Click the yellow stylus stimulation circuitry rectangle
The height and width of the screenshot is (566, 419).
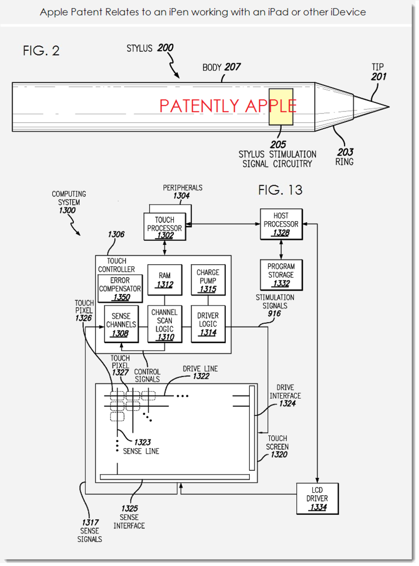coord(281,107)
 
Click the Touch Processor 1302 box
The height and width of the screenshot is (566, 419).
coord(164,227)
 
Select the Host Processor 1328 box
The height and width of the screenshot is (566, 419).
coord(281,224)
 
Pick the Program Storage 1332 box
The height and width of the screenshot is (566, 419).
coord(281,275)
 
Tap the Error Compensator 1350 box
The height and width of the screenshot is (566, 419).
coord(120,289)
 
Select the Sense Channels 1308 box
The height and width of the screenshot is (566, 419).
coord(121,324)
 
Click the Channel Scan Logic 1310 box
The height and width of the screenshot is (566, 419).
coord(164,324)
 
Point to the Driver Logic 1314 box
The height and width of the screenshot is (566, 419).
coord(208,324)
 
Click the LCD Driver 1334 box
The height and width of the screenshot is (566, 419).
coord(317,498)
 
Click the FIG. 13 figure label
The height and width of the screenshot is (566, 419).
coord(280,189)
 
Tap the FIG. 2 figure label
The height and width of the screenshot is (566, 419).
coord(41,51)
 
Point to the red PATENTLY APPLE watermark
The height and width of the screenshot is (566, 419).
coord(228,106)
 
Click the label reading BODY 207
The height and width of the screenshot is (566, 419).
coord(222,67)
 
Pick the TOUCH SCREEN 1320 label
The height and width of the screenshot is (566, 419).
coord(277,447)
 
